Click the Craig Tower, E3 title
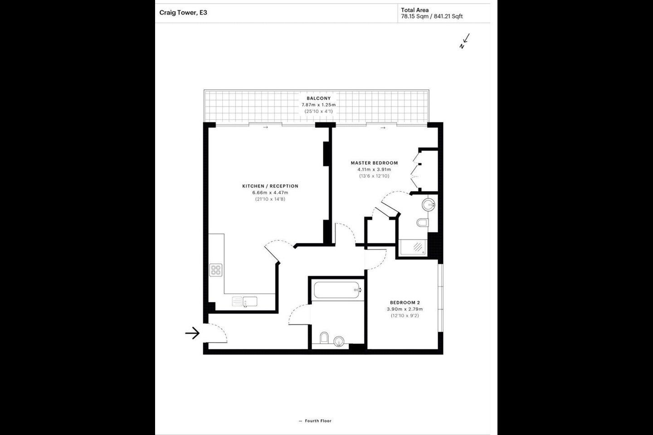[183, 13]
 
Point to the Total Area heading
[415, 10]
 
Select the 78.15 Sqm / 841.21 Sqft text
[432, 16]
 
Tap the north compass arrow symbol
[464, 41]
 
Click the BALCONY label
[319, 98]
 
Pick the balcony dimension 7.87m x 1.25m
[319, 105]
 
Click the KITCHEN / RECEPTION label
[270, 186]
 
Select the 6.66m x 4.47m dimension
[270, 193]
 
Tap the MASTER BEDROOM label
[374, 163]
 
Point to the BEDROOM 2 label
[405, 303]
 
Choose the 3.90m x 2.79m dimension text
[405, 309]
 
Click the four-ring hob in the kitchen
[216, 270]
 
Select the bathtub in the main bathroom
[337, 290]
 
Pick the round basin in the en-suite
[429, 204]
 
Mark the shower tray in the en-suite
[413, 248]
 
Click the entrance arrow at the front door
[192, 333]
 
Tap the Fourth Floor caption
[318, 420]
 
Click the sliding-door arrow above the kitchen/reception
[265, 127]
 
